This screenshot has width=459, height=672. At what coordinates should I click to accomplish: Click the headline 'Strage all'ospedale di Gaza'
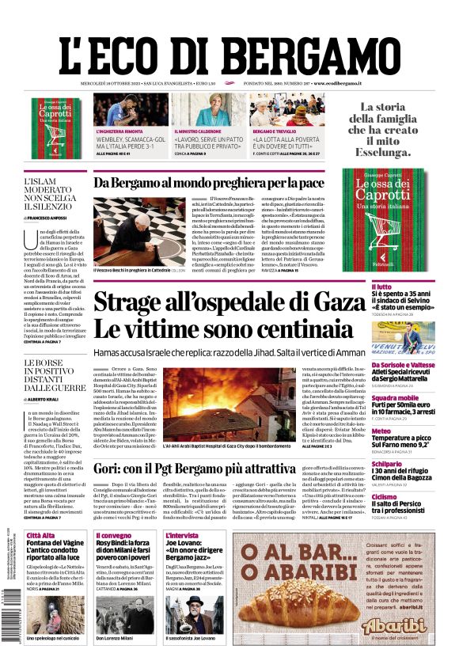pos(229,302)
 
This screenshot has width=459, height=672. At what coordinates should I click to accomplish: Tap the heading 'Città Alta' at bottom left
pos(41,536)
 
